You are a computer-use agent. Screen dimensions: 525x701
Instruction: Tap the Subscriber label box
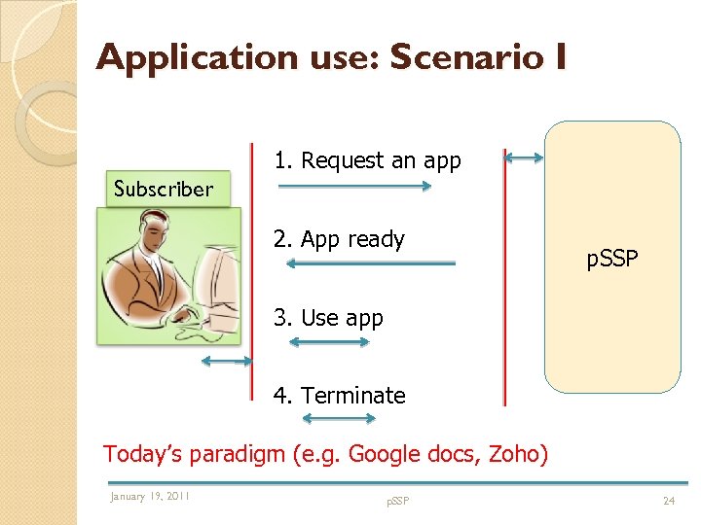click(x=165, y=190)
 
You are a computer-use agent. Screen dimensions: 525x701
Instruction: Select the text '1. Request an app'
click(x=367, y=160)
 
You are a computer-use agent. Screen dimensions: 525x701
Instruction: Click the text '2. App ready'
click(x=339, y=239)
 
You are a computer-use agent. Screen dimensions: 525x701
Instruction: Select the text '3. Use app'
click(x=328, y=318)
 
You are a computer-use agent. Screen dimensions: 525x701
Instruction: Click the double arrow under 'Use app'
click(x=329, y=342)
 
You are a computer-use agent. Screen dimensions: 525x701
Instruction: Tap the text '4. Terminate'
click(x=339, y=396)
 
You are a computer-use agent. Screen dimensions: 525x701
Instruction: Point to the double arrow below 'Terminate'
click(x=339, y=419)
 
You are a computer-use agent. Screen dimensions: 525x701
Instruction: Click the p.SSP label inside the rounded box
click(x=611, y=260)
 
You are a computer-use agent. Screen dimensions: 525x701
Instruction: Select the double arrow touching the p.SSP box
click(x=525, y=157)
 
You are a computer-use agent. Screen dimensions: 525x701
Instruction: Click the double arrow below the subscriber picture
click(x=225, y=362)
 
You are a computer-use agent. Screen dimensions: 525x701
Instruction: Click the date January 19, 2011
click(x=150, y=497)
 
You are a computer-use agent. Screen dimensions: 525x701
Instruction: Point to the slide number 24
click(x=668, y=501)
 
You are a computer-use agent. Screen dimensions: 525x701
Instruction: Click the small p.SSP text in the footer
click(x=397, y=501)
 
